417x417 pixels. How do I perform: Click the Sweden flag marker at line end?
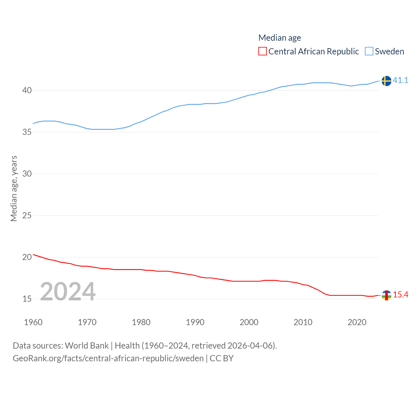pos(386,81)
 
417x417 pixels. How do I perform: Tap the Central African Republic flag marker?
pos(386,295)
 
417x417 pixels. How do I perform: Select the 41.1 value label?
pos(400,80)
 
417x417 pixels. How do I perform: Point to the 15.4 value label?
pos(400,295)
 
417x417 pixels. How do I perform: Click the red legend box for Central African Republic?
pos(262,51)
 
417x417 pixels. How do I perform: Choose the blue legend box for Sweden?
pos(369,51)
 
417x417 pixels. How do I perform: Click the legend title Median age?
pos(280,38)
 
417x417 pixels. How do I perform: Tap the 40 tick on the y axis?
pos(27,90)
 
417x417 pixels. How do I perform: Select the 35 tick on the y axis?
pos(27,132)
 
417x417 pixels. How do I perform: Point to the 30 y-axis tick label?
pos(27,174)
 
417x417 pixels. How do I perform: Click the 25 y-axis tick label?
pos(27,215)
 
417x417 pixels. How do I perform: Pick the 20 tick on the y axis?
pos(27,257)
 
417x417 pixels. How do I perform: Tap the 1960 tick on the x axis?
pos(33,322)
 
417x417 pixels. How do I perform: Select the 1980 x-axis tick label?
pos(141,322)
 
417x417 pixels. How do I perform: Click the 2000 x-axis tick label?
pos(249,322)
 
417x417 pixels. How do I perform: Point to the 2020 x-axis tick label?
pos(357,322)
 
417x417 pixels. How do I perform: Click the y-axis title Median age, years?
pos(14,188)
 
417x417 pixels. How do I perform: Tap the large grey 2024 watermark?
pos(68,291)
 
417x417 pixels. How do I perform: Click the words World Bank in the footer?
pos(87,345)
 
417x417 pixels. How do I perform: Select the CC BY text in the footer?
pos(222,358)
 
